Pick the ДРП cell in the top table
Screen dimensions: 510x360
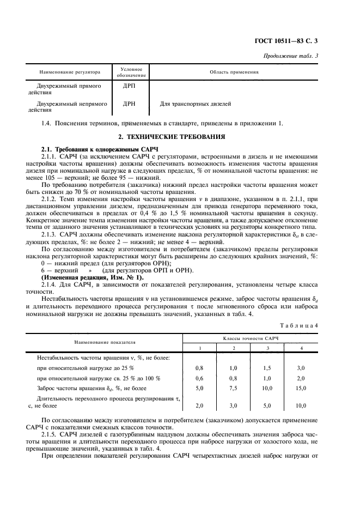(129, 86)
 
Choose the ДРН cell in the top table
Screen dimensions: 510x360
(129, 103)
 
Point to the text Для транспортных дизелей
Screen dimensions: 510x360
(195, 103)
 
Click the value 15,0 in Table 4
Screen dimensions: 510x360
(301, 388)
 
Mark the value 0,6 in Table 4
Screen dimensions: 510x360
(199, 378)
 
